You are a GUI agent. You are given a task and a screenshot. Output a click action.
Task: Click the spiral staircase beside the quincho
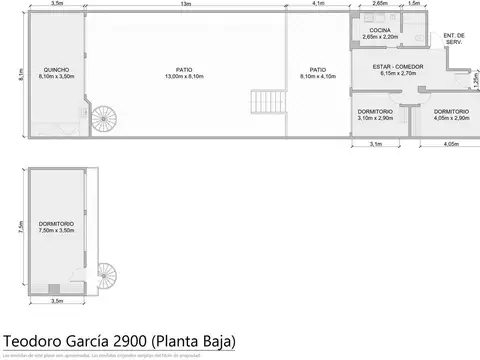(104, 119)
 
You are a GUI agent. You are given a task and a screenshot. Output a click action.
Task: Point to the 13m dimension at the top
(186, 4)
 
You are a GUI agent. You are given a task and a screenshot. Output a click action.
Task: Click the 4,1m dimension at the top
(317, 4)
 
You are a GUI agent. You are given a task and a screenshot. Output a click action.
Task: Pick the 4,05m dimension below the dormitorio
(450, 145)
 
